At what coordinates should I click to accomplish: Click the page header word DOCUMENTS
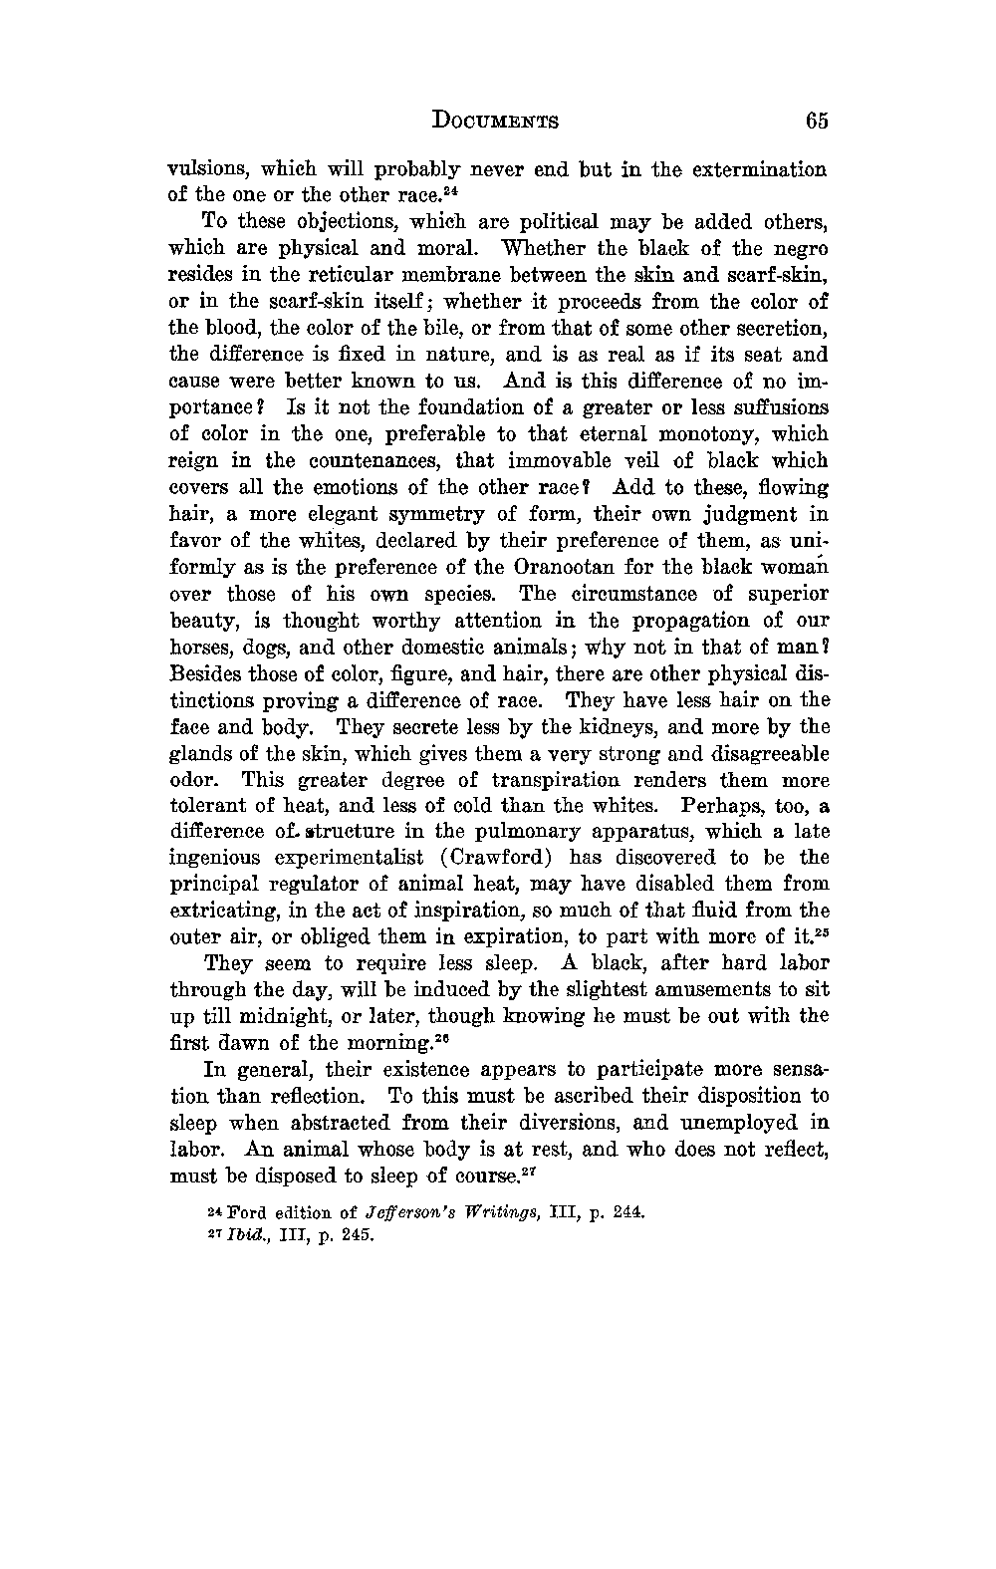(495, 122)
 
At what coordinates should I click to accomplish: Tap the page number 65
(817, 121)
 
